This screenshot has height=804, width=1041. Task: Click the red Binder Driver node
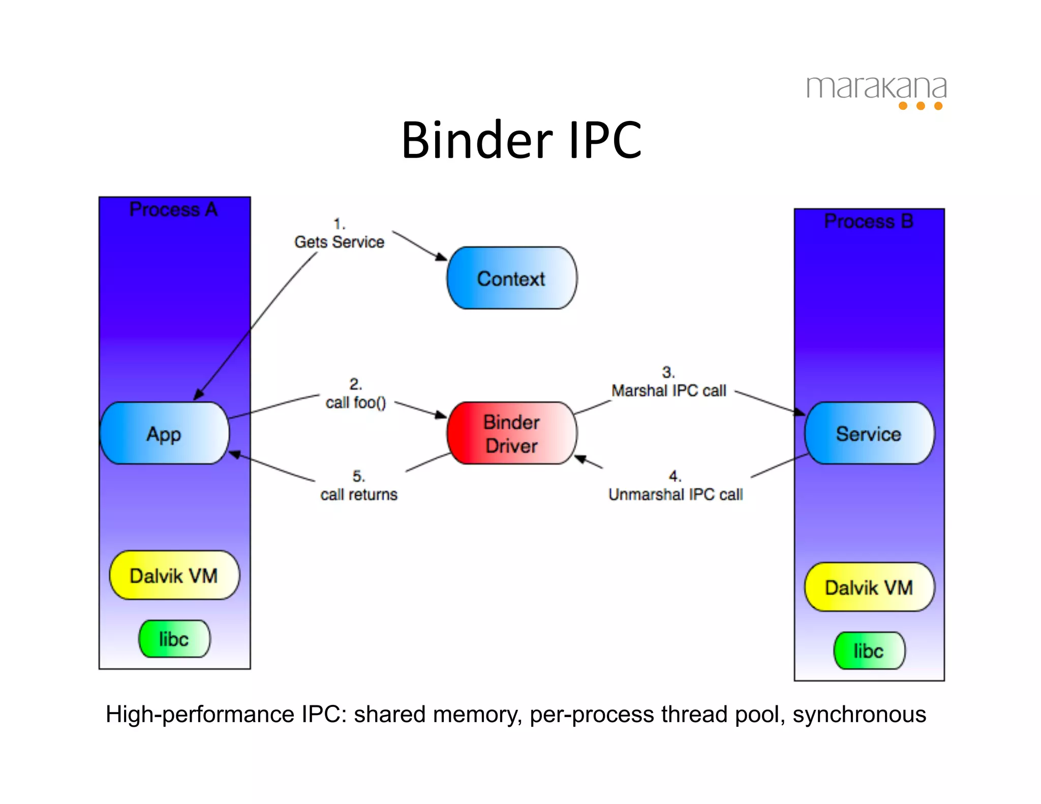tap(511, 434)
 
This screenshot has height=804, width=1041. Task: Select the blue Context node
tap(511, 279)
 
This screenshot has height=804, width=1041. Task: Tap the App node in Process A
tap(164, 434)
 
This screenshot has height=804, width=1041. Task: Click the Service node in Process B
tap(869, 434)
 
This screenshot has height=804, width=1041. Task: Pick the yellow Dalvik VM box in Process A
tap(174, 575)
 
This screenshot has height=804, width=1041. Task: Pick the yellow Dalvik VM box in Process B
tap(869, 587)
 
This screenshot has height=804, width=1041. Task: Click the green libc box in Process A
tap(174, 639)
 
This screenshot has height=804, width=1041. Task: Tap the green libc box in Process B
tap(869, 651)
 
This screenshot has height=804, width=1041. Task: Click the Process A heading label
tap(173, 209)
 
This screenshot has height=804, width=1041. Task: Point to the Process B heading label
tap(869, 221)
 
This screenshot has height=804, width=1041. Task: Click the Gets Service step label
tap(339, 242)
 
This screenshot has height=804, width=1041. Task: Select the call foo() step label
tap(356, 403)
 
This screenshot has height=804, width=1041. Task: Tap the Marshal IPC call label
tap(669, 390)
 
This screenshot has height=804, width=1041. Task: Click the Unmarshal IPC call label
tap(676, 494)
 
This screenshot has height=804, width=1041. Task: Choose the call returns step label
tap(359, 494)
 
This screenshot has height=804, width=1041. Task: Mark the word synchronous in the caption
tap(859, 714)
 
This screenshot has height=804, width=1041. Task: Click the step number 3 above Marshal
tap(668, 372)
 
